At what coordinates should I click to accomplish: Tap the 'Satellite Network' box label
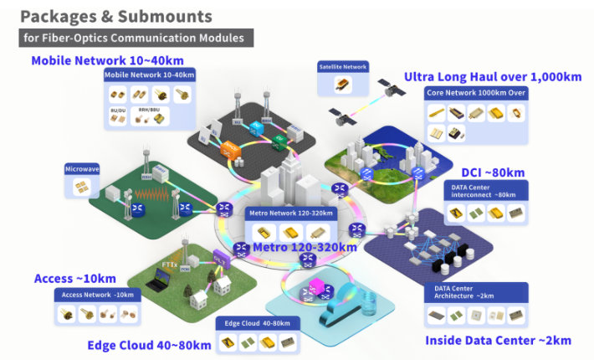tap(342, 65)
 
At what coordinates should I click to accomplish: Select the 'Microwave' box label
tap(82, 169)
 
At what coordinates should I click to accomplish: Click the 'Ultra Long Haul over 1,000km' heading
tap(492, 76)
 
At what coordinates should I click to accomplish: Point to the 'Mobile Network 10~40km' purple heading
tap(107, 60)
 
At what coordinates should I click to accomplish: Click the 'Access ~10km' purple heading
tap(75, 278)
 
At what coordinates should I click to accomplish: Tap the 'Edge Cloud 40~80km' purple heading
tap(149, 344)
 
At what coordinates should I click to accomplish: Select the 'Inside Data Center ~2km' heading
tap(498, 340)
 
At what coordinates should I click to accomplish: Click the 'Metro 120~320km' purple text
tap(305, 247)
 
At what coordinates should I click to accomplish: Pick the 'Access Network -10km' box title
tap(100, 295)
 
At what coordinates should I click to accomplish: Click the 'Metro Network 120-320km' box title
tap(289, 213)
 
